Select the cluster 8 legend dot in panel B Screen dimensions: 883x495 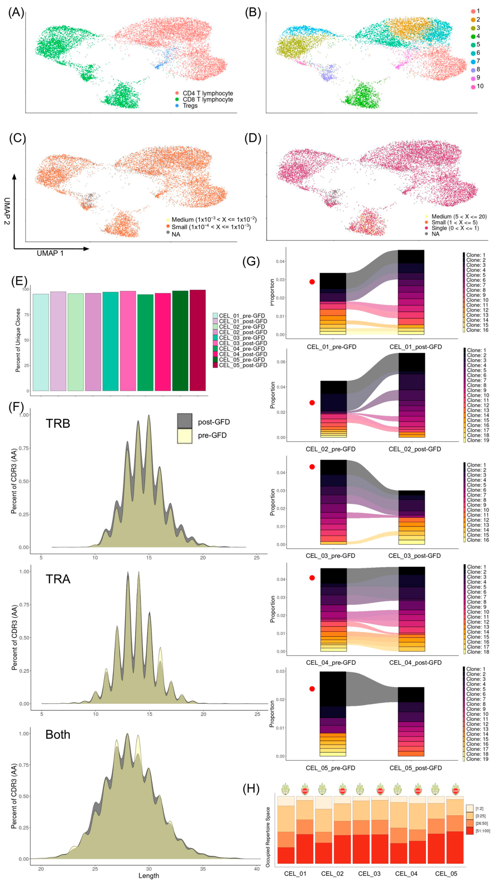click(473, 69)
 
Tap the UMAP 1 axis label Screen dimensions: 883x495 click(50, 253)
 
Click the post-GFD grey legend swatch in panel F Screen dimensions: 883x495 click(184, 421)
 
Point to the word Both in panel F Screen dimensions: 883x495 click(58, 735)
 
